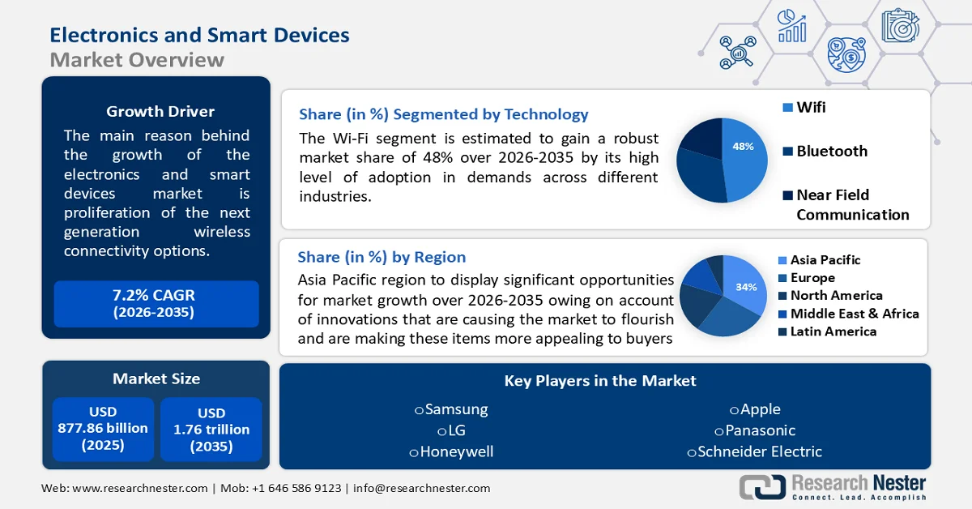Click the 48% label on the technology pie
(743, 147)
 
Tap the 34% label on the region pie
(746, 287)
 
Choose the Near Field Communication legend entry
(846, 204)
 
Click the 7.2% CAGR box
(156, 304)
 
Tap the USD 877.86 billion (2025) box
(103, 429)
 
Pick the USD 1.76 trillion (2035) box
(211, 429)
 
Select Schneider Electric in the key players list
(754, 451)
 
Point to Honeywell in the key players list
(451, 451)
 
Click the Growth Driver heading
(160, 112)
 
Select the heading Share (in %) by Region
(382, 257)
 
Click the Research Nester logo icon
(762, 486)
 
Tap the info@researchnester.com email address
(420, 488)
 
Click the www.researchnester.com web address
(138, 488)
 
